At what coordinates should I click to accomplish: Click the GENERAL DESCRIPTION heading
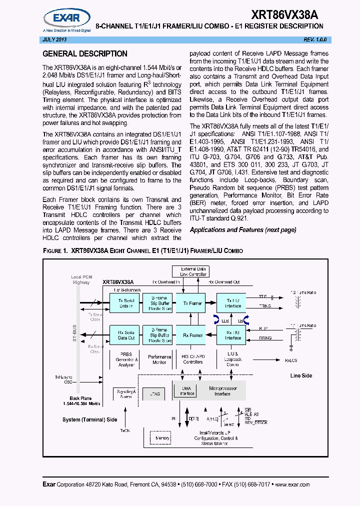tap(85, 54)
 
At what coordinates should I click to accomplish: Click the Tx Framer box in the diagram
tap(192, 303)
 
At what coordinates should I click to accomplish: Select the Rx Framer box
tap(192, 335)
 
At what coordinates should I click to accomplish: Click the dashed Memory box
tap(162, 438)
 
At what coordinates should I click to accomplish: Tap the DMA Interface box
tap(185, 390)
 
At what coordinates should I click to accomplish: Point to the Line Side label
tap(301, 375)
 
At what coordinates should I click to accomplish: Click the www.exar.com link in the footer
tap(292, 484)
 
